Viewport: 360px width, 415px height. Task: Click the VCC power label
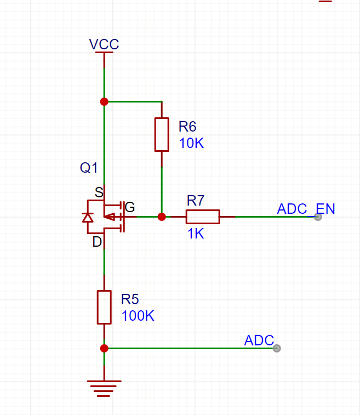(x=104, y=44)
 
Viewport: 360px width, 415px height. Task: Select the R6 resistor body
(x=162, y=134)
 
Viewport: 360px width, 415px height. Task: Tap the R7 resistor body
(x=203, y=217)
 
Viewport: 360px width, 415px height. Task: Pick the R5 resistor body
(x=104, y=307)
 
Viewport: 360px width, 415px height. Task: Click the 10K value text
(x=191, y=143)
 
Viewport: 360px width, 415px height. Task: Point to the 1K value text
(x=196, y=234)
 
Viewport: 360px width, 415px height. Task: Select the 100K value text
(x=138, y=316)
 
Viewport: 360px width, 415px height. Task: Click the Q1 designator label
(x=89, y=168)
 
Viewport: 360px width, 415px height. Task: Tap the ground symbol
(x=104, y=389)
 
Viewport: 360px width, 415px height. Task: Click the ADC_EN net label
(x=306, y=209)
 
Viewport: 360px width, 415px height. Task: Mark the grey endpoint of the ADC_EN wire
(x=318, y=217)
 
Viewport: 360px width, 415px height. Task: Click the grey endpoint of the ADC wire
(x=277, y=348)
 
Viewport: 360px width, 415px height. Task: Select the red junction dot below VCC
(x=104, y=101)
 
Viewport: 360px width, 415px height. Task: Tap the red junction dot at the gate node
(x=162, y=217)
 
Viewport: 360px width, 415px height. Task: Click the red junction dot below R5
(x=104, y=348)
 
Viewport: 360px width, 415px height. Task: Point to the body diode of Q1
(x=88, y=218)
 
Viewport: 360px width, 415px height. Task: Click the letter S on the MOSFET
(x=99, y=192)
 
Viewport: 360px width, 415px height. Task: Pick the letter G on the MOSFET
(x=130, y=207)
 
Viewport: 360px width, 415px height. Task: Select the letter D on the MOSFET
(x=97, y=242)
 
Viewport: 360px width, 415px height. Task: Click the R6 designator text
(x=187, y=127)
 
